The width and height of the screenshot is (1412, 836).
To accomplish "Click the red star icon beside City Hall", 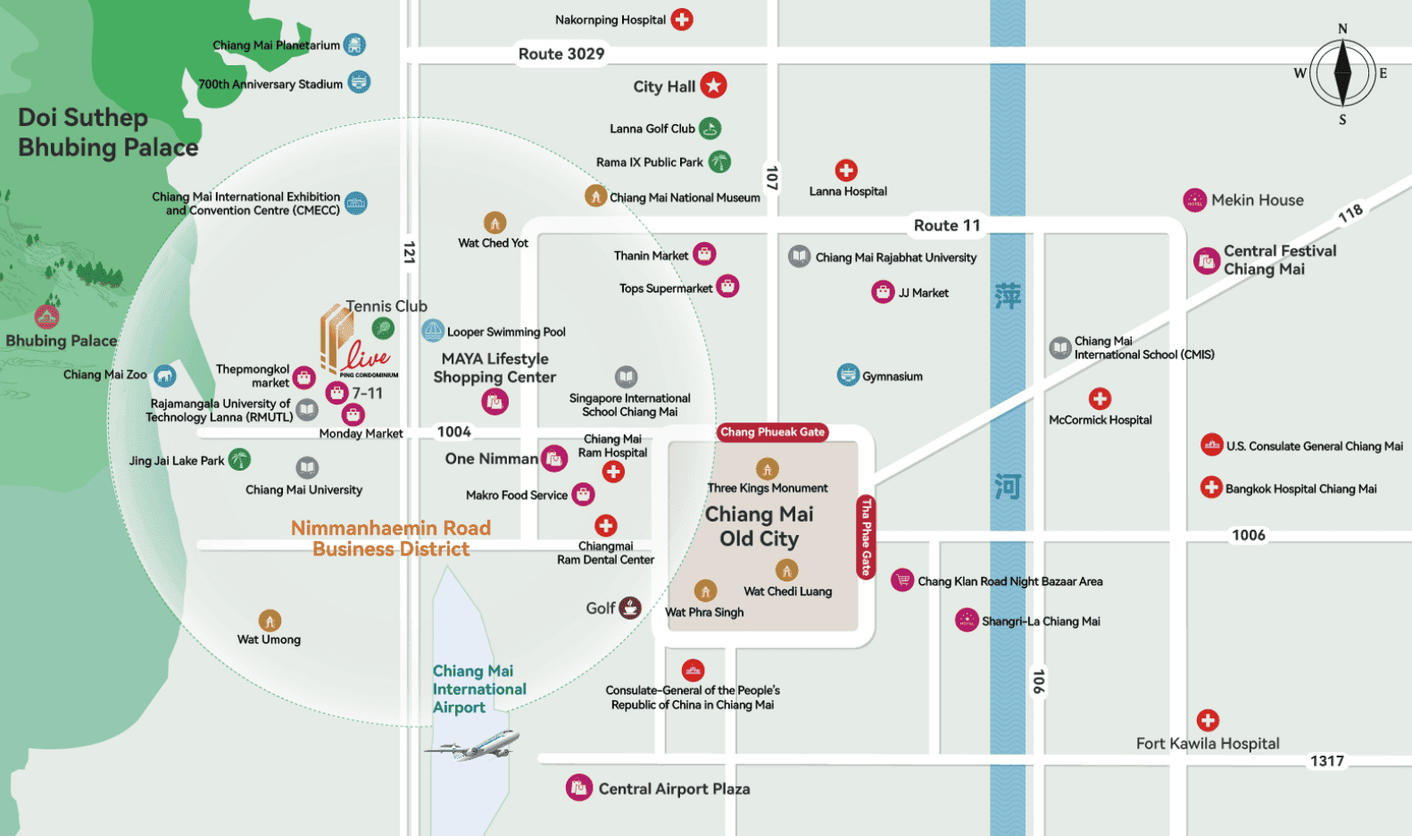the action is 713,85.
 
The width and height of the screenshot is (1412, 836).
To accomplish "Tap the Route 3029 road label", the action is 561,54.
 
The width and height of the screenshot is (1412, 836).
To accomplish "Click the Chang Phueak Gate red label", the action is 772,432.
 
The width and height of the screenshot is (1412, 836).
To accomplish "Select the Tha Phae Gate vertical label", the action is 866,537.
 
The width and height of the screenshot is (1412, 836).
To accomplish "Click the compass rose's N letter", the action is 1342,29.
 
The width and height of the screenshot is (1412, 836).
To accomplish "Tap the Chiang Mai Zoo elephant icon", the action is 165,375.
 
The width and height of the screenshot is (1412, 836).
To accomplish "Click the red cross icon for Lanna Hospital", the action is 846,170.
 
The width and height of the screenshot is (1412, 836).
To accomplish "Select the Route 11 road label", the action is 947,225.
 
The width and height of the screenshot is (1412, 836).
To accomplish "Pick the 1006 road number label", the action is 1248,535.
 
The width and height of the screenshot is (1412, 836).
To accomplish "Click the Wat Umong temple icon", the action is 270,621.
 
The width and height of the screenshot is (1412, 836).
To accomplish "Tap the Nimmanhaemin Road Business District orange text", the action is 391,539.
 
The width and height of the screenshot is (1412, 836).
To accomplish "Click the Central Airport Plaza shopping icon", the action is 578,788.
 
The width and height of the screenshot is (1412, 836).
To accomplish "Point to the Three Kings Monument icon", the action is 768,469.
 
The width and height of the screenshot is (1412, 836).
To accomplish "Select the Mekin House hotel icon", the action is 1194,201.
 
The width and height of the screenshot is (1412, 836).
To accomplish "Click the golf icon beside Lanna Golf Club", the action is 710,128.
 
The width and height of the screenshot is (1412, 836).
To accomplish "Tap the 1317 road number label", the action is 1327,761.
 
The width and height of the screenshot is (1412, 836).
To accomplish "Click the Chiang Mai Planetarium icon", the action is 355,45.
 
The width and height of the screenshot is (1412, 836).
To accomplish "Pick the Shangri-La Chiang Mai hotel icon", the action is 967,620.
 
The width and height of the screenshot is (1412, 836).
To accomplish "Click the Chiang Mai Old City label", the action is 760,526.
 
